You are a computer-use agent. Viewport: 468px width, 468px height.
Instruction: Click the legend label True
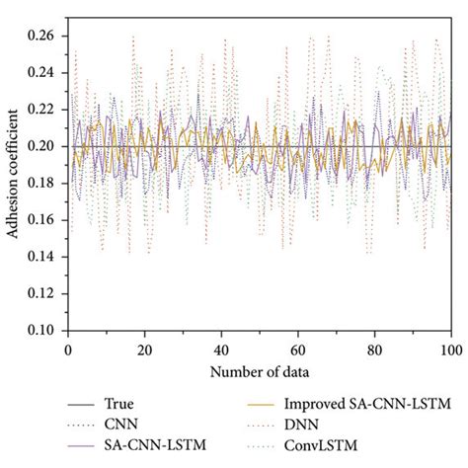tap(118, 403)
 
